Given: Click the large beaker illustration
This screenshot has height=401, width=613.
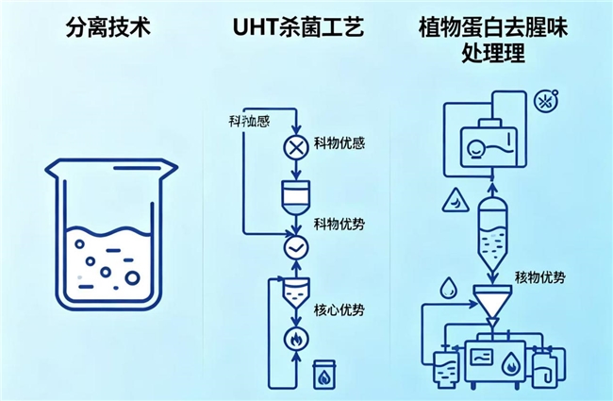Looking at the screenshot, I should tap(111, 236).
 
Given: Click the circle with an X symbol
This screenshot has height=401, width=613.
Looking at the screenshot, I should tap(296, 146).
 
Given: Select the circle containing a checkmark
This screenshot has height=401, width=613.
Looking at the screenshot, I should tap(296, 247).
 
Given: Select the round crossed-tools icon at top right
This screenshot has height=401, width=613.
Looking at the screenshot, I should tap(543, 100).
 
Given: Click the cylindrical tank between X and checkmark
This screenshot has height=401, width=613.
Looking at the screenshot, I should tap(296, 196).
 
